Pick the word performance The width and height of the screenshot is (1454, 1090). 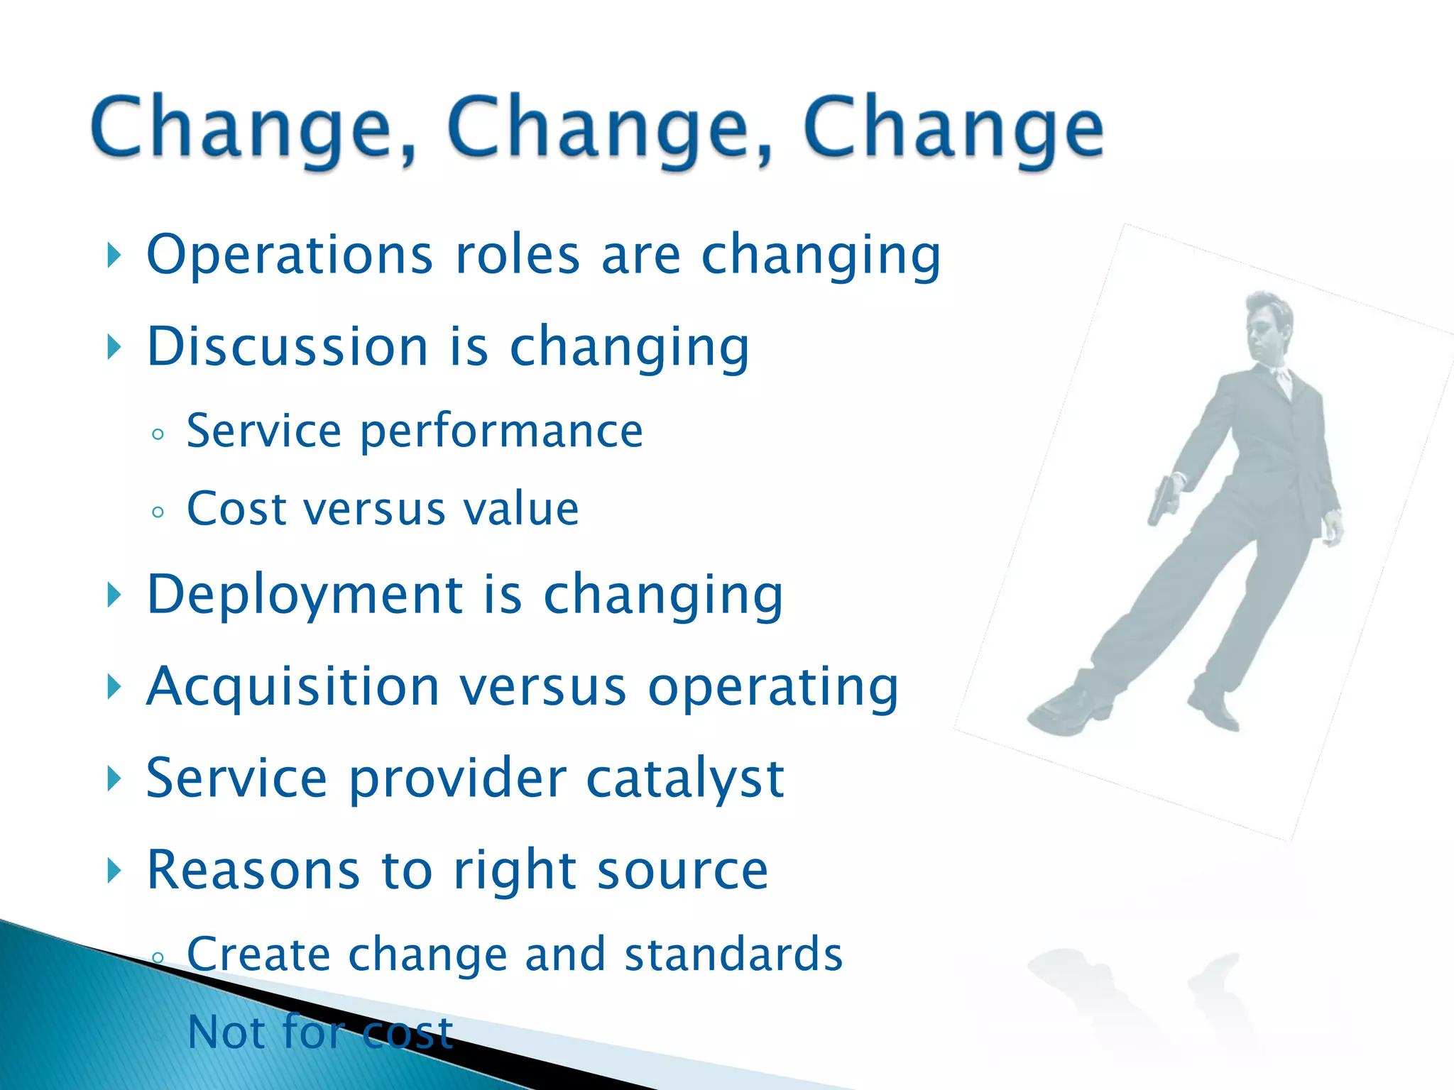(x=501, y=431)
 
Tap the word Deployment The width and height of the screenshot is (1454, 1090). (x=305, y=594)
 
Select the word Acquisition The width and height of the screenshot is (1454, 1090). (x=293, y=687)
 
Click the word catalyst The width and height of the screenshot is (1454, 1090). (x=685, y=778)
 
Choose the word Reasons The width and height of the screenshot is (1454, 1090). (x=253, y=870)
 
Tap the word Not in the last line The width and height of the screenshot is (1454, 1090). (x=229, y=1032)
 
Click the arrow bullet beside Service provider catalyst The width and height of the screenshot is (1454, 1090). (x=114, y=778)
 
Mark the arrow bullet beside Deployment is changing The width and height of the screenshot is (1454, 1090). (x=114, y=595)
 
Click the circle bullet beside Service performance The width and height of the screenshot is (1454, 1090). (x=158, y=434)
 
